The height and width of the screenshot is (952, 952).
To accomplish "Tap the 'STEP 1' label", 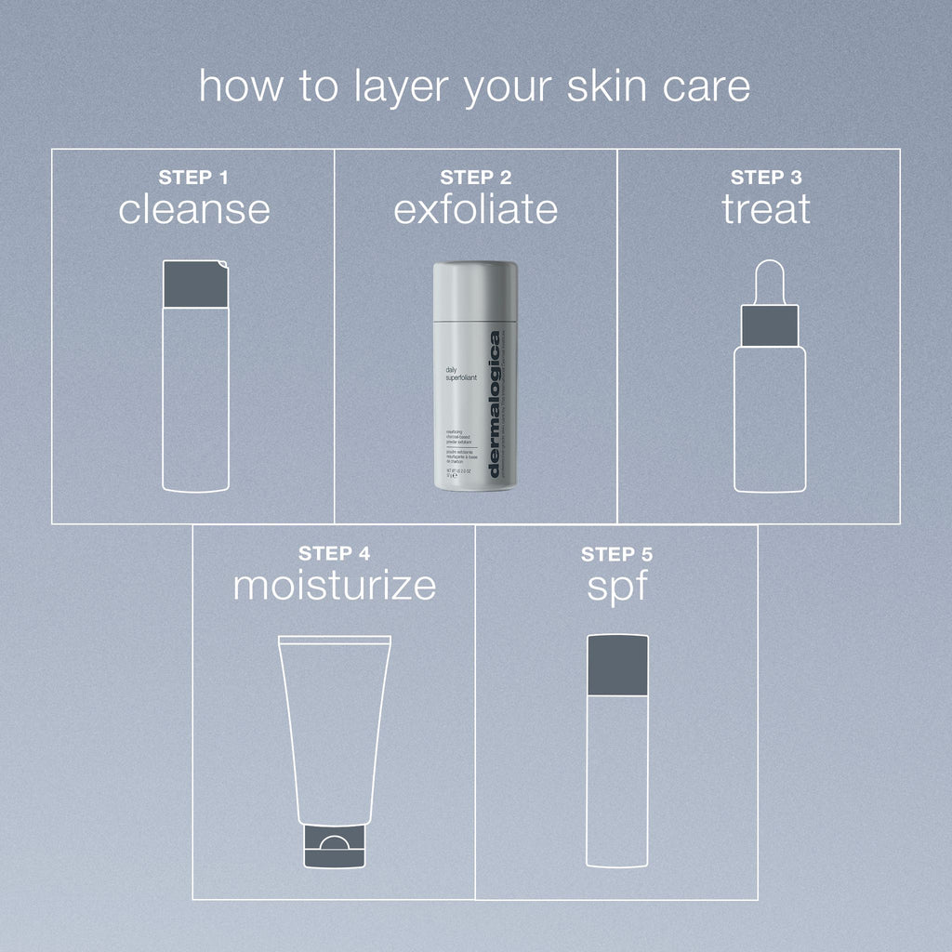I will coord(193,178).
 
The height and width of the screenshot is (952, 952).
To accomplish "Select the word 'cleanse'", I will coord(193,209).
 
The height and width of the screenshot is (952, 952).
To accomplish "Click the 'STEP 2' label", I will coord(476,178).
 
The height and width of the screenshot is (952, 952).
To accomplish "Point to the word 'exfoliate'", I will coord(476,209).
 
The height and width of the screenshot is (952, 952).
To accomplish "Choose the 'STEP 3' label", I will coord(766,178).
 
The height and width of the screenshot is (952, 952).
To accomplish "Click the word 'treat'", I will coord(766,209).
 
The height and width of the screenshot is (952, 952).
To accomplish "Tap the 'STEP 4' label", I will coord(334,554).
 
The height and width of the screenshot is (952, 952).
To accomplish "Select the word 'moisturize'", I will coord(334,586).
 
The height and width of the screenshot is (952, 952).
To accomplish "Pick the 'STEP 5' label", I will coord(616,554).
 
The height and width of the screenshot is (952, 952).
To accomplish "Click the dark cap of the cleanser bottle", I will coord(194,284).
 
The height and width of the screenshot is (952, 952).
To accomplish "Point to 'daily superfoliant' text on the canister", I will coord(457,374).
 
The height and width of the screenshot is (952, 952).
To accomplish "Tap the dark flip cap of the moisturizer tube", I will coord(334,848).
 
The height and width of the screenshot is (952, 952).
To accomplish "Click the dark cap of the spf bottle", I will coord(617,664).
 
